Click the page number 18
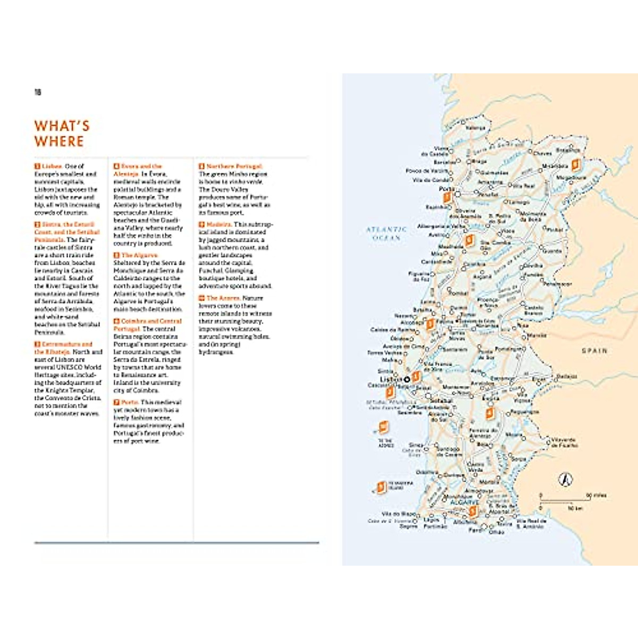tap(38, 93)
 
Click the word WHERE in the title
tap(59, 141)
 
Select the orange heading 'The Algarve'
tap(139, 255)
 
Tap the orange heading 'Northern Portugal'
tap(234, 166)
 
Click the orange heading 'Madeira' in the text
tap(219, 224)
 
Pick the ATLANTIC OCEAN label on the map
tap(387, 233)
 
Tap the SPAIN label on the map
tap(594, 351)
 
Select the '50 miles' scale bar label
tap(596, 496)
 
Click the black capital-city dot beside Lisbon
tap(407, 379)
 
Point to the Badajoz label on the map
tap(567, 376)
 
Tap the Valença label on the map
tap(475, 128)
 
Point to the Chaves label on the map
tap(542, 154)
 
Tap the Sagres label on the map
tap(408, 526)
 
